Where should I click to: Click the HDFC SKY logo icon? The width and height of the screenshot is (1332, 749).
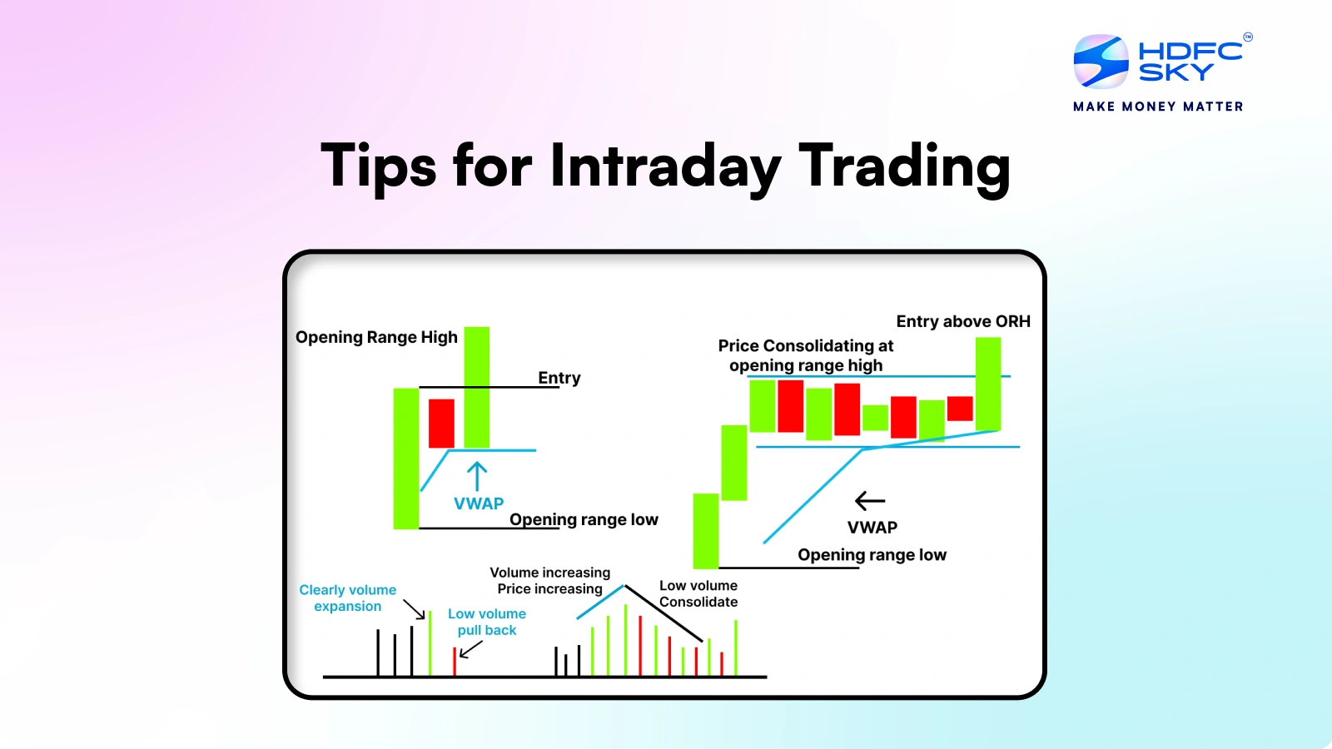[1101, 62]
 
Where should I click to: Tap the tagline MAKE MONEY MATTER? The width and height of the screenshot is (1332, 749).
[1158, 107]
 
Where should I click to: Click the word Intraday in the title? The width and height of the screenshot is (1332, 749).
[665, 166]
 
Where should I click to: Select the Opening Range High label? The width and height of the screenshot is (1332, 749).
[376, 337]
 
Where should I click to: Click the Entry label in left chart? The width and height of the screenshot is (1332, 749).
[559, 378]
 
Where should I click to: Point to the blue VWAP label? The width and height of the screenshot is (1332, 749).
[479, 503]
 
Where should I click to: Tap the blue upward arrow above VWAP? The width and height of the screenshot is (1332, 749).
[477, 477]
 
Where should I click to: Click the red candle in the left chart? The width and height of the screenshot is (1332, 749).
[441, 423]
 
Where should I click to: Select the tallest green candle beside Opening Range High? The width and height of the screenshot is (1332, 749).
[477, 387]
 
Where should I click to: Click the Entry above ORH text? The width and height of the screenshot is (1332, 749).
[963, 321]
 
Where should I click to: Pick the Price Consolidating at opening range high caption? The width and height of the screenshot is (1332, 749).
[806, 355]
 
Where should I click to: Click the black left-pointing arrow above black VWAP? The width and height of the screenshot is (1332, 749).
[870, 500]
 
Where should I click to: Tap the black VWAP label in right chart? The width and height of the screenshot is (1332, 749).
[872, 528]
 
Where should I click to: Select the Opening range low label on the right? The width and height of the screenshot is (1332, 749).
[872, 555]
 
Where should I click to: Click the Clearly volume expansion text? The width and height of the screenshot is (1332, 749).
[348, 598]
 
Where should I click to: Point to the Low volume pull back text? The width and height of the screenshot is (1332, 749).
[487, 622]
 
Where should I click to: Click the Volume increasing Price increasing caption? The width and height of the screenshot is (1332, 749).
[550, 580]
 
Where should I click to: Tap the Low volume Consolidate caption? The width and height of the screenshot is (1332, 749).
[698, 593]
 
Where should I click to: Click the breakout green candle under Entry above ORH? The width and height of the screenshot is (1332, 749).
[988, 383]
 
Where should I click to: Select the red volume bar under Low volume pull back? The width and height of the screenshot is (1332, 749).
[455, 662]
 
